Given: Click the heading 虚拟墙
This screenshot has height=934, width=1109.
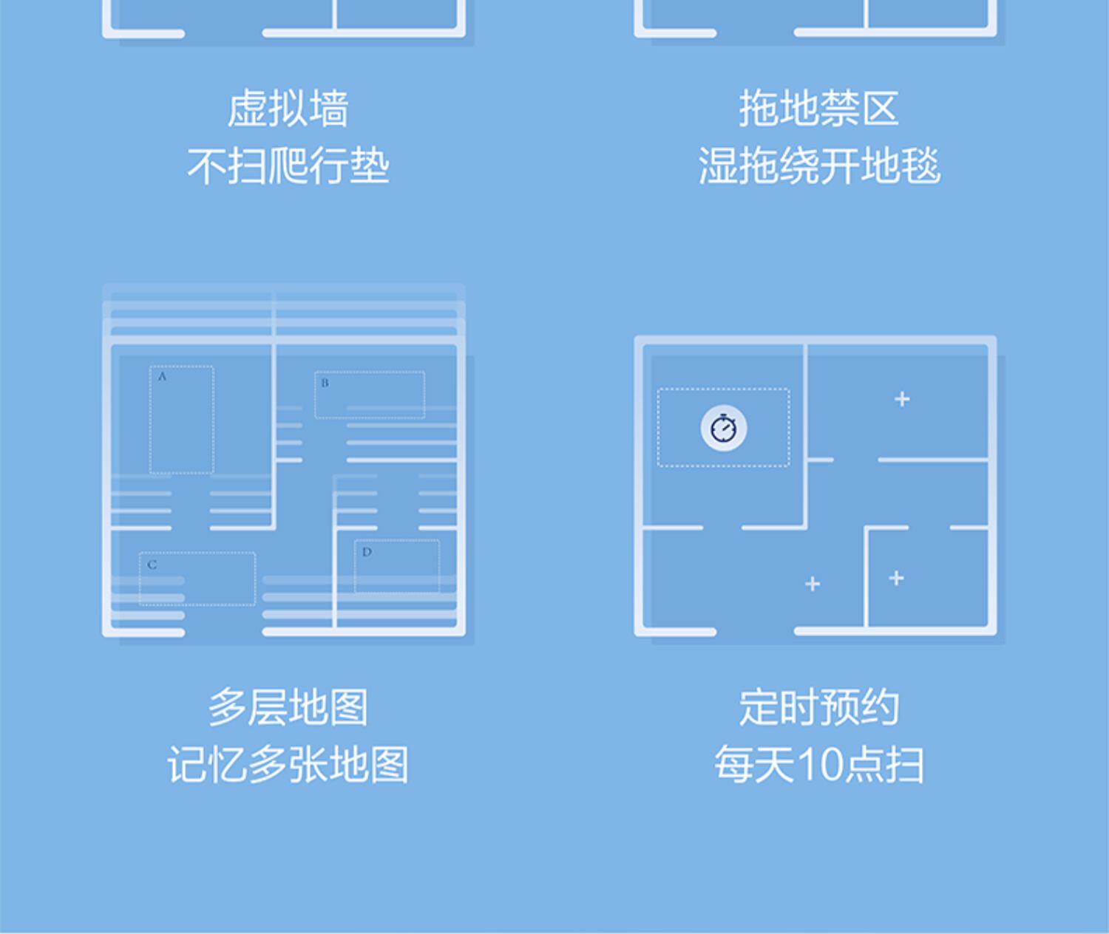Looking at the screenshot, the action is coord(288,109).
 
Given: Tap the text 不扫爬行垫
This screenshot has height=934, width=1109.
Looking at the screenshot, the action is coord(288,166).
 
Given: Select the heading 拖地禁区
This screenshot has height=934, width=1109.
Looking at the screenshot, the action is coord(818,109).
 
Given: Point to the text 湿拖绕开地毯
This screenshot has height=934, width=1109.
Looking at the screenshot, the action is coord(818,166).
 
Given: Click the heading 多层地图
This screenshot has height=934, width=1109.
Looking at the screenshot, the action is coord(288,707).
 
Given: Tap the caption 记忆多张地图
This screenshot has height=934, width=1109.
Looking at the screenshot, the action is coord(288,764).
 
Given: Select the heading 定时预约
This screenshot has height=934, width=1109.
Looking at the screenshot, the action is coord(818,707).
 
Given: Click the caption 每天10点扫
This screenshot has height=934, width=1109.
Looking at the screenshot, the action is coord(818,764).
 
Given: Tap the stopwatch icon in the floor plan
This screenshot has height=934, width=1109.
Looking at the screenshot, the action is coord(723,428).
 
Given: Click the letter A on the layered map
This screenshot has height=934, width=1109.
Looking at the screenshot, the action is coord(162,377).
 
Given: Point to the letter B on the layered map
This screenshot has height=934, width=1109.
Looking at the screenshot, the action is coord(325,383).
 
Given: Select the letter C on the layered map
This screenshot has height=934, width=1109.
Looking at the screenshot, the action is coord(152,565).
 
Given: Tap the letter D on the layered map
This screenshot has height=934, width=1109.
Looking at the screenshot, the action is coord(367,552).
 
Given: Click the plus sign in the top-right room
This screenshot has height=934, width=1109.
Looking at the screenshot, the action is coord(902,399).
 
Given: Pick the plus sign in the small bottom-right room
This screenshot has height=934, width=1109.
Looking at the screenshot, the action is coord(896,578).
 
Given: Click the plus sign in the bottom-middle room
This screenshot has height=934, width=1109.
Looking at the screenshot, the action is coord(813,584).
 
